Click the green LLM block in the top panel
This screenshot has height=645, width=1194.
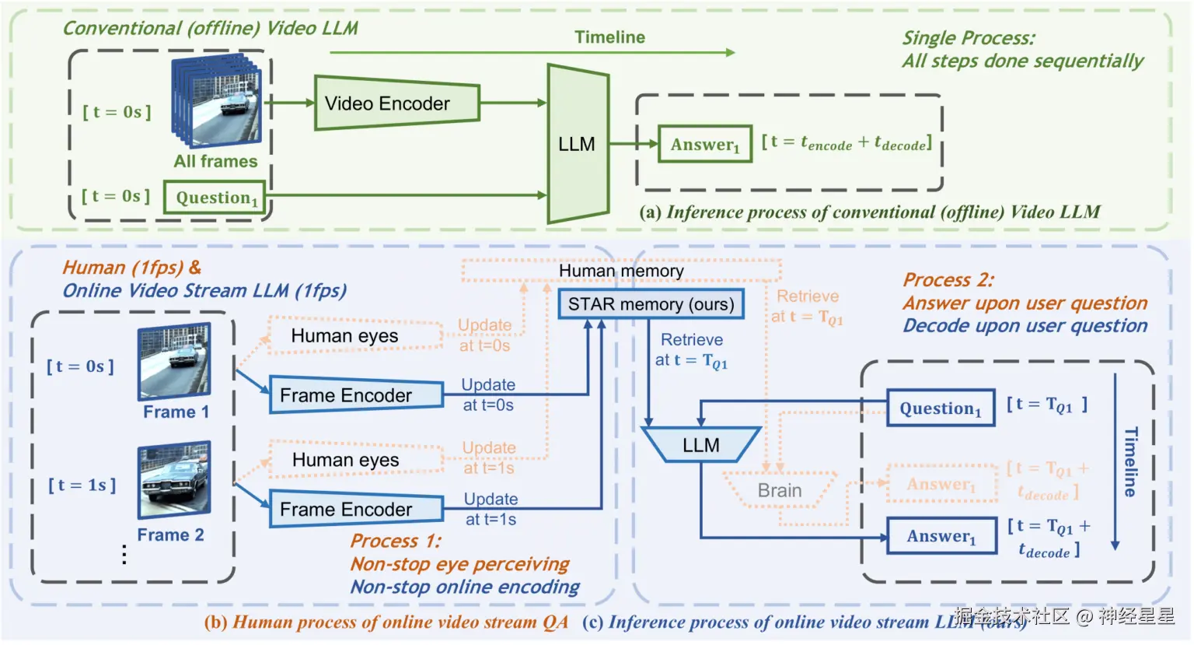pyautogui.click(x=577, y=144)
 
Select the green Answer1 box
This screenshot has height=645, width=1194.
pyautogui.click(x=705, y=145)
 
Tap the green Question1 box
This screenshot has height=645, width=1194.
pyautogui.click(x=215, y=198)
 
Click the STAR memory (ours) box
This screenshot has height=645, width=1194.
pyautogui.click(x=651, y=304)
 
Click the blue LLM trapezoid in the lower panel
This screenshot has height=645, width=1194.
pyautogui.click(x=700, y=445)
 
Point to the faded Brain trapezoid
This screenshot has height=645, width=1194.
pyautogui.click(x=780, y=490)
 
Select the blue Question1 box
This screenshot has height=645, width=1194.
pyautogui.click(x=941, y=408)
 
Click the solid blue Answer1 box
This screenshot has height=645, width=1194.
pyautogui.click(x=941, y=536)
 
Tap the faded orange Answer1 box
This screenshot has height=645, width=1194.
pyautogui.click(x=941, y=484)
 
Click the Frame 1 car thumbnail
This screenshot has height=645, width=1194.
pyautogui.click(x=174, y=362)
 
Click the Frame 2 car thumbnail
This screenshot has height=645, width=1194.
pyautogui.click(x=174, y=480)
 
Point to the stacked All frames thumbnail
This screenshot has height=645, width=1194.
pyautogui.click(x=217, y=101)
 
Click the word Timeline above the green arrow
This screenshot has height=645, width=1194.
pyautogui.click(x=609, y=37)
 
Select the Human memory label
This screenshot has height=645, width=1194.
pyautogui.click(x=621, y=271)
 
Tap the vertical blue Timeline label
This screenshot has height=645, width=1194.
pyautogui.click(x=1131, y=462)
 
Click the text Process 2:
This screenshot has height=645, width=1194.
pyautogui.click(x=948, y=280)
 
